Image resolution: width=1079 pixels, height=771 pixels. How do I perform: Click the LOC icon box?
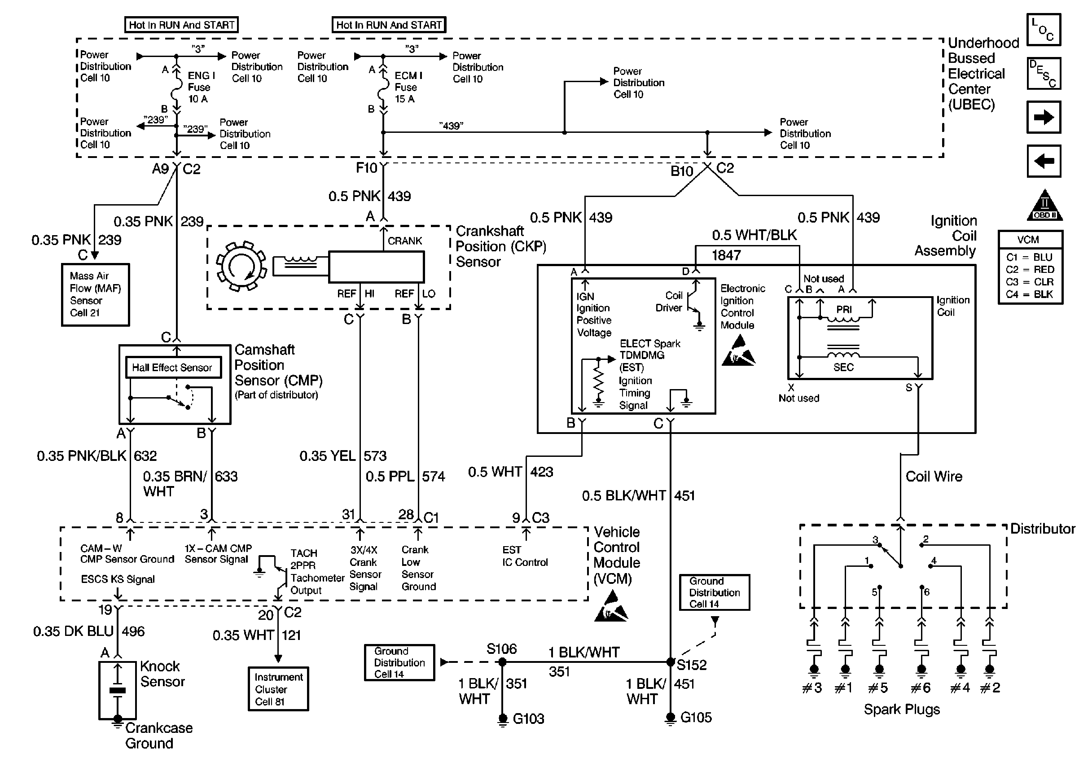[1044, 30]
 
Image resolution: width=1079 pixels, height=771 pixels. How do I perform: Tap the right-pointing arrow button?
[1044, 117]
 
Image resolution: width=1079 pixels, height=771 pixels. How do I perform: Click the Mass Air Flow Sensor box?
[96, 294]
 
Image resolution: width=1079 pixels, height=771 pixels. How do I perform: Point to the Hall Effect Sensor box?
[173, 368]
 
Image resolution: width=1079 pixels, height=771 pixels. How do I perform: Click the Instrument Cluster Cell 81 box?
[278, 688]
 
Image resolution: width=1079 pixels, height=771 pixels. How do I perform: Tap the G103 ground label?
[528, 719]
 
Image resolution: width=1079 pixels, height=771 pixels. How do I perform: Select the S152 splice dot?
[670, 662]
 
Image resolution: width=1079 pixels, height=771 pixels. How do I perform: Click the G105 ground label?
[696, 717]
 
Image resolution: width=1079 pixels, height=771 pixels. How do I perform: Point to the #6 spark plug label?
[921, 688]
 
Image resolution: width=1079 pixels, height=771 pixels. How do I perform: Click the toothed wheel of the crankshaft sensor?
[241, 266]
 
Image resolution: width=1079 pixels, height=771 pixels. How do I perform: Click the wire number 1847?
[726, 255]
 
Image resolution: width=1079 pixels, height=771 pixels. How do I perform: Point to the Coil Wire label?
[934, 477]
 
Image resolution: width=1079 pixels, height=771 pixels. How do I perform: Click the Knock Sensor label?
[162, 674]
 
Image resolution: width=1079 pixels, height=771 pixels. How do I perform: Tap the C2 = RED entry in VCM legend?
[1030, 270]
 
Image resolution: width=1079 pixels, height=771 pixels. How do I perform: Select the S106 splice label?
[501, 649]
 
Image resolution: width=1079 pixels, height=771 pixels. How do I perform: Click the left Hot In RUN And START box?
[181, 25]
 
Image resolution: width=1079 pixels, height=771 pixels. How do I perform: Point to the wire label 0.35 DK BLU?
[73, 631]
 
